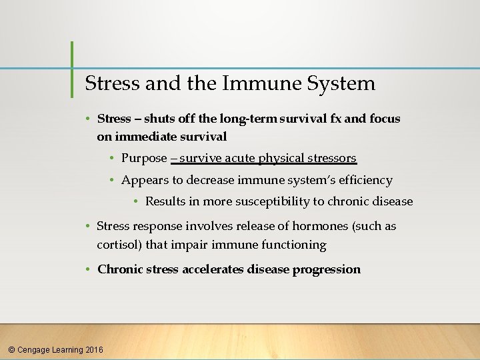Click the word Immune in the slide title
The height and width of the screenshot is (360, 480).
tap(257, 83)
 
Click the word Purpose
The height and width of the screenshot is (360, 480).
tap(145, 158)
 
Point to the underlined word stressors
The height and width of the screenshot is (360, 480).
tap(331, 158)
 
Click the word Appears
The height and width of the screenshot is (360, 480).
tap(143, 180)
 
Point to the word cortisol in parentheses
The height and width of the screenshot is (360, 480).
tap(119, 245)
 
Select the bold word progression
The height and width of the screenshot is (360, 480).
tap(326, 269)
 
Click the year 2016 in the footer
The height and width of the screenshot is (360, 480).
tap(94, 349)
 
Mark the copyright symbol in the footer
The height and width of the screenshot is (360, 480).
tap(10, 349)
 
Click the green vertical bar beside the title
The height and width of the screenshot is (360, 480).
tap(72, 69)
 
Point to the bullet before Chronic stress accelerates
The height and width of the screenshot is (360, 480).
tap(88, 269)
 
